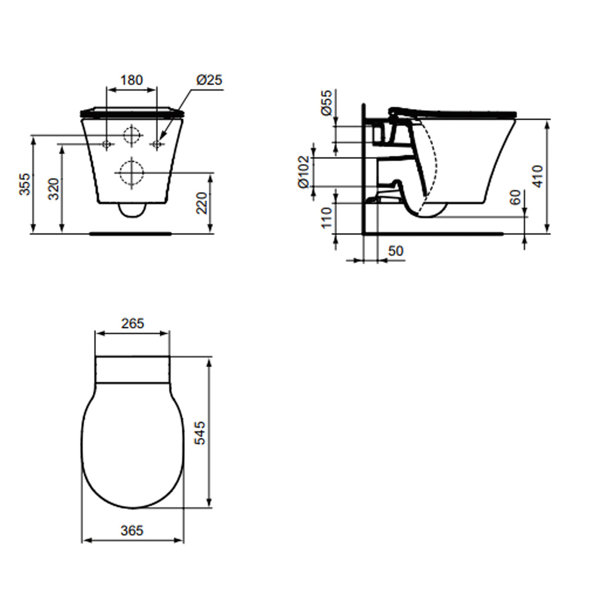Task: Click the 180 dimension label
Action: coord(131,79)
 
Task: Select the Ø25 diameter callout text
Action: coord(209,79)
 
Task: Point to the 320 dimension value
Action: coord(54,188)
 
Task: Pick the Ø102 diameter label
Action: coord(304,172)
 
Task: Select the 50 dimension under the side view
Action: coord(395,251)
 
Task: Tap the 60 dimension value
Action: coord(516,198)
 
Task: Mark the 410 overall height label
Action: coord(538,175)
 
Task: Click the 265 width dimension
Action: coord(132,323)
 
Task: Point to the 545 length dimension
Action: coord(200,433)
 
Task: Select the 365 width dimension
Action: coord(132,531)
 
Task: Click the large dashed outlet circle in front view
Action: coord(131,173)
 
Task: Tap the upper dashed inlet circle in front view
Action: coord(132,135)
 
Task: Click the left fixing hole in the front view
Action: coord(107,144)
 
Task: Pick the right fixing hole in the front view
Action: coord(157,144)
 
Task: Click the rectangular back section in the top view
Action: coord(132,370)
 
